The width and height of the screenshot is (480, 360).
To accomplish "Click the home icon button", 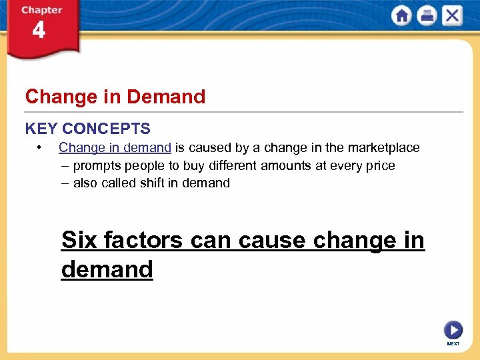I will pyautogui.click(x=402, y=16).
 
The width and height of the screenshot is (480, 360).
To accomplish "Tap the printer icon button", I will pyautogui.click(x=427, y=16).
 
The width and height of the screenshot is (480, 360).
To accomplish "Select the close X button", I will pyautogui.click(x=453, y=16).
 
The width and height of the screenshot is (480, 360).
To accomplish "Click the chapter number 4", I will pyautogui.click(x=39, y=31).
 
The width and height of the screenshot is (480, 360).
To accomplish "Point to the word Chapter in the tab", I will pyautogui.click(x=41, y=10).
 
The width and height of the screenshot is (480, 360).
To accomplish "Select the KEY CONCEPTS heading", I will pyautogui.click(x=88, y=129).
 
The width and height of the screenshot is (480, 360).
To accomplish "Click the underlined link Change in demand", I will pyautogui.click(x=115, y=147).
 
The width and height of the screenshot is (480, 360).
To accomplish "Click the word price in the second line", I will pyautogui.click(x=380, y=165).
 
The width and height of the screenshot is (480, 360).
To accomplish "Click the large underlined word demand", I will pyautogui.click(x=107, y=269).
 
